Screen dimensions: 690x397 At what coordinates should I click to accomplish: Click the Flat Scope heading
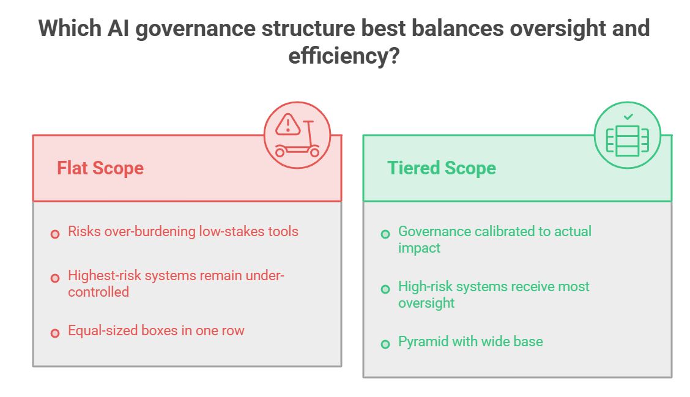[x=100, y=168]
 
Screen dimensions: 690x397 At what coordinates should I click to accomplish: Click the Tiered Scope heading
[x=442, y=168]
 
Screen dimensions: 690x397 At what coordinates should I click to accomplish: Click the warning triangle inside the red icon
[x=287, y=125]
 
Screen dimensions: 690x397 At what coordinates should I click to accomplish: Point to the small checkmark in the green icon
[x=628, y=117]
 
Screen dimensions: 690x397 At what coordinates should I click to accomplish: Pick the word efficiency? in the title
[x=344, y=56]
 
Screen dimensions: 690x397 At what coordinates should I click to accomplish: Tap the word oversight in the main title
[x=551, y=29]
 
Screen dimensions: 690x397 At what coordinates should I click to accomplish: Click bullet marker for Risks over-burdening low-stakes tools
[x=55, y=234]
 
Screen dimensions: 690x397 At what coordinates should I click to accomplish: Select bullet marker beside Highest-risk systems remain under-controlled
[x=55, y=278]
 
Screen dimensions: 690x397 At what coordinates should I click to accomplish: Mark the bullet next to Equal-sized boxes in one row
[x=55, y=333]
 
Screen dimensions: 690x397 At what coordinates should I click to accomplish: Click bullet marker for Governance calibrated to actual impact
[x=385, y=234]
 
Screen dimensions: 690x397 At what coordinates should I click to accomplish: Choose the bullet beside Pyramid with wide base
[x=385, y=344]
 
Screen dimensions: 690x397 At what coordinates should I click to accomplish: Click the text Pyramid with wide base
[x=470, y=341]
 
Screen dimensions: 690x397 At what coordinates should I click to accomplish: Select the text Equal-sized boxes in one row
[x=156, y=330]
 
